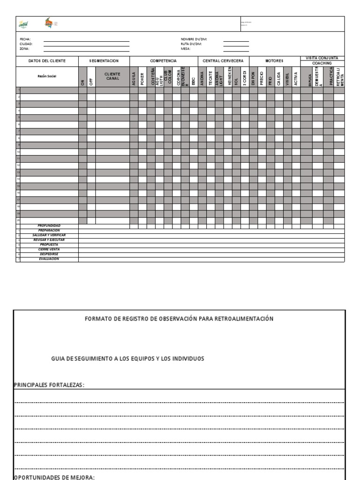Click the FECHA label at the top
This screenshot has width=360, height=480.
click(24, 39)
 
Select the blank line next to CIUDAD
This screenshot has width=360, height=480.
click(86, 45)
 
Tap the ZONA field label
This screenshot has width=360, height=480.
click(23, 48)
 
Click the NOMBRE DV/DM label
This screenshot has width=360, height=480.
click(194, 39)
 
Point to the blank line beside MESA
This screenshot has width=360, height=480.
click(236, 49)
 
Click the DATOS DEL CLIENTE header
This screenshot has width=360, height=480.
click(47, 61)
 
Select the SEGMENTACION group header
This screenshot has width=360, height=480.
click(104, 61)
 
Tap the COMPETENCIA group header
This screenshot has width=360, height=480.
click(163, 61)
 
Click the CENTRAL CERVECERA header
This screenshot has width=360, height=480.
click(223, 61)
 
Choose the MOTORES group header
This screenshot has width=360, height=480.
click(274, 61)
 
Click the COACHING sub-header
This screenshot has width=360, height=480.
click(322, 63)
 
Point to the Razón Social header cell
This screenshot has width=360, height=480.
click(47, 76)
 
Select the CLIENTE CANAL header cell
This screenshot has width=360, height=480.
click(112, 76)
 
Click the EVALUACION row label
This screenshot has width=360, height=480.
click(49, 259)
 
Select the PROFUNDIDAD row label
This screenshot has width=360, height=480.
click(49, 225)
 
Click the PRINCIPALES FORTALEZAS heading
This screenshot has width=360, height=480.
click(49, 385)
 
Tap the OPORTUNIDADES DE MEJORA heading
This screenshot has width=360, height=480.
click(54, 477)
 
